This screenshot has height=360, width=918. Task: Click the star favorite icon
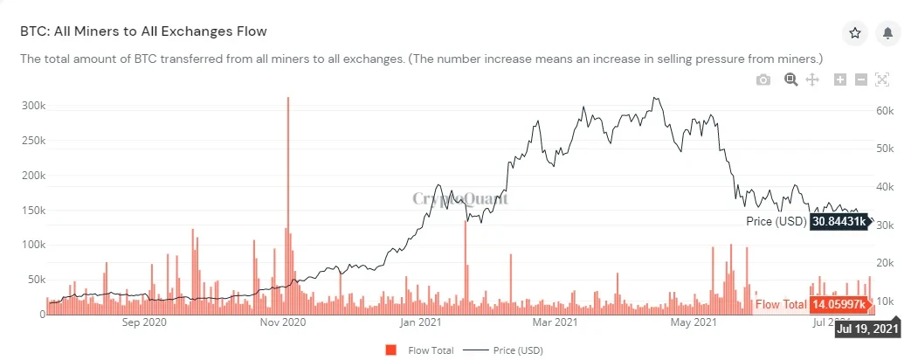[x=855, y=33]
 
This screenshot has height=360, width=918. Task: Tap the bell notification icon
[x=887, y=33]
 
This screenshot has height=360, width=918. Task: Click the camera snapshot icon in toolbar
[x=763, y=80]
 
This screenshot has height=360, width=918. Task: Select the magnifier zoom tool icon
[x=790, y=80]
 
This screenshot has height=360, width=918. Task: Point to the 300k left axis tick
[x=32, y=105]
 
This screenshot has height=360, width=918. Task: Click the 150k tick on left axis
[x=32, y=210]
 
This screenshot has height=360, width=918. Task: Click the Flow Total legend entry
[x=421, y=350]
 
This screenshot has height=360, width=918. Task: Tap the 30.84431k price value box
[x=839, y=222]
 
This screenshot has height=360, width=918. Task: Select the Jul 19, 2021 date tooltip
[x=867, y=329]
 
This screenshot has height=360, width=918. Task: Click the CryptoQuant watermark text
[x=459, y=198]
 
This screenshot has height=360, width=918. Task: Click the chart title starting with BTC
[x=143, y=31]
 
